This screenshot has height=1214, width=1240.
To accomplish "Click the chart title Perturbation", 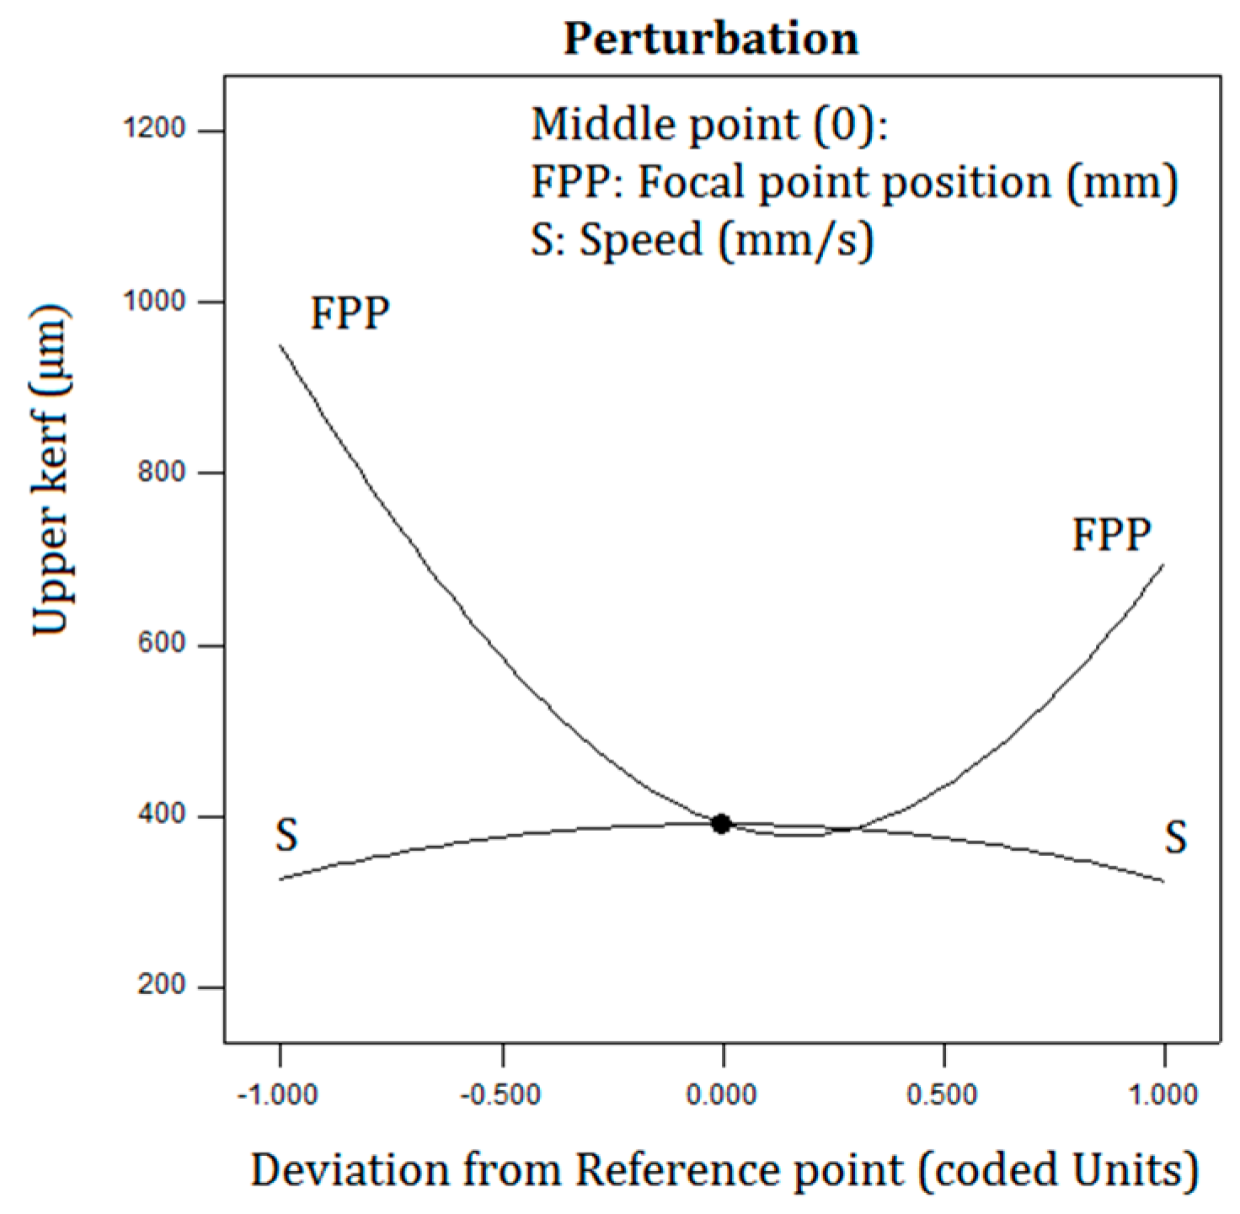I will (711, 39).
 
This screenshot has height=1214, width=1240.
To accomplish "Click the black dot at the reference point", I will (721, 824).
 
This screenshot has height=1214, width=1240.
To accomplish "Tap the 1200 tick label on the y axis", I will (154, 129).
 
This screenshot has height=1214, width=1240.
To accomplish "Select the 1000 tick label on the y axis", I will (154, 301).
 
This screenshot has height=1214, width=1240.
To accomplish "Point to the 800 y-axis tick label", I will (161, 472).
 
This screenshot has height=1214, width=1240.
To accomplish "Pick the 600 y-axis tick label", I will (161, 644).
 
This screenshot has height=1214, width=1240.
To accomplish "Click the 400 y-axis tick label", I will (161, 815).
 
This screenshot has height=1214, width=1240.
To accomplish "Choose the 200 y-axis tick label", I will (161, 985).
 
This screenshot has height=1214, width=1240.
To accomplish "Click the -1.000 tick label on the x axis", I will (278, 1094).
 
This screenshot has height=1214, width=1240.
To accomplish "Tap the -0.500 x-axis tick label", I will (500, 1094).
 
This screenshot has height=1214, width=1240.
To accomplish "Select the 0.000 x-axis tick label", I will (722, 1094).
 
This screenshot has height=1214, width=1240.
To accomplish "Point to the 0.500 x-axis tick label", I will (942, 1094).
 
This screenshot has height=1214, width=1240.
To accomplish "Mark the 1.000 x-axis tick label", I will (1162, 1094).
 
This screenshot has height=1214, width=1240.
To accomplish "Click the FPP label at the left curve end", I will (350, 314).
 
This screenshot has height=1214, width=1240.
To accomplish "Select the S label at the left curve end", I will (287, 836).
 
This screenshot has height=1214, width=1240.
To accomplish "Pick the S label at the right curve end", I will (1176, 838).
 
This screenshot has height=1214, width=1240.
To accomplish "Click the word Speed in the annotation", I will (641, 240).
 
